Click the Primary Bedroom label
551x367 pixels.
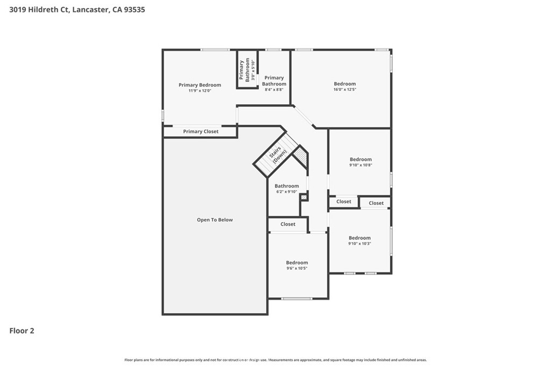200,85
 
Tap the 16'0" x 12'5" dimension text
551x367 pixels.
345,89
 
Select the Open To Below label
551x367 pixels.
215,220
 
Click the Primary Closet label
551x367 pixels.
201,132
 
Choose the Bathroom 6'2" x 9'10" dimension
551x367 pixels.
286,192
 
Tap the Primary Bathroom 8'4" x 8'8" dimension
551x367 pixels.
274,90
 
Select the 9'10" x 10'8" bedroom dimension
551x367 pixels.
361,165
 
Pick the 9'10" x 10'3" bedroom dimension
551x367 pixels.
359,243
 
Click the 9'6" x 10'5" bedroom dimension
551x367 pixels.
297,268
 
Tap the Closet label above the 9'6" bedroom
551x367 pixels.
288,224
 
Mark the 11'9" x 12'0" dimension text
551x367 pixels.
200,91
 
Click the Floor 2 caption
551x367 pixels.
22,331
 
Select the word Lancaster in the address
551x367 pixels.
93,10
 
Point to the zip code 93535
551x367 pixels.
133,10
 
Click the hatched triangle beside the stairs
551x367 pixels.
301,158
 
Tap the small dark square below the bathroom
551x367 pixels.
304,198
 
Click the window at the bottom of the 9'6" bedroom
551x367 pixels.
297,298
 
